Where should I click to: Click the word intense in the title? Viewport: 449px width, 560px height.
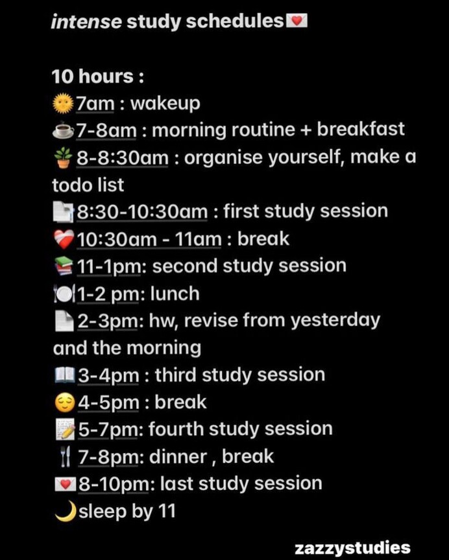click(86, 22)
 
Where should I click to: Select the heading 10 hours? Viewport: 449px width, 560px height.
click(93, 76)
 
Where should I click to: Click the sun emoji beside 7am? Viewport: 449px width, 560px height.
click(63, 104)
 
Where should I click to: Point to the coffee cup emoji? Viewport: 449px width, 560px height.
click(63, 131)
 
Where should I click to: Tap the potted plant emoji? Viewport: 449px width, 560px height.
click(63, 158)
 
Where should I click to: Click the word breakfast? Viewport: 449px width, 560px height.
click(361, 130)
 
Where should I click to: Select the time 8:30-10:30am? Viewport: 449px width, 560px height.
click(143, 212)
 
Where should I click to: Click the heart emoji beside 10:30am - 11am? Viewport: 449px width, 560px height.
click(63, 240)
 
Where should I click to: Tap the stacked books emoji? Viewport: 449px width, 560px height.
click(63, 267)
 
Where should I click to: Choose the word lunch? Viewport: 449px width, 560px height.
click(175, 294)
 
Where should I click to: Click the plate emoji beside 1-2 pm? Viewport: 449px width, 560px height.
click(63, 295)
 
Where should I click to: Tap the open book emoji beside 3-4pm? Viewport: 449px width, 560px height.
click(63, 376)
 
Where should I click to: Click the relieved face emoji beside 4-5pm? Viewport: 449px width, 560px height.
click(63, 403)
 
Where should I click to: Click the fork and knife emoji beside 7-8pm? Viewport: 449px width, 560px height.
click(64, 458)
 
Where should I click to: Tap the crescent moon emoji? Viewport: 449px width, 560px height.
click(64, 512)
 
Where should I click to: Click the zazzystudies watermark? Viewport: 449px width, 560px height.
click(352, 548)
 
